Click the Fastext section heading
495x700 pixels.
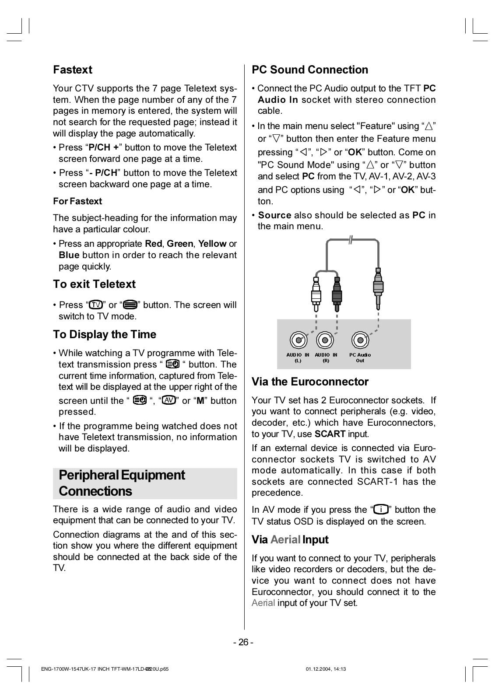click(73, 70)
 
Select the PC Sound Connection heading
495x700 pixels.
click(310, 70)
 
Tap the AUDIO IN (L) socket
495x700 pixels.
click(298, 340)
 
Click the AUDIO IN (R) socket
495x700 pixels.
click(326, 340)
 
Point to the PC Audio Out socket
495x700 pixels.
click(360, 340)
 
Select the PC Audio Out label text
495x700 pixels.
click(360, 357)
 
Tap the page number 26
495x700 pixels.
click(243, 642)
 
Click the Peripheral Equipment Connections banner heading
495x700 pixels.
click(122, 483)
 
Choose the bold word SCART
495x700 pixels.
click(330, 434)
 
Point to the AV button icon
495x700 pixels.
click(169, 400)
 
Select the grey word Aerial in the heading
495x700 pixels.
click(285, 540)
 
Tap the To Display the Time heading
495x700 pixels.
click(105, 335)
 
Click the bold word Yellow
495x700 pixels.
click(212, 244)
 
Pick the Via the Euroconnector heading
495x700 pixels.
click(310, 382)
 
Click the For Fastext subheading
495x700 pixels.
click(77, 201)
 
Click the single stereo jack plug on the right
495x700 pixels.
click(378, 287)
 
